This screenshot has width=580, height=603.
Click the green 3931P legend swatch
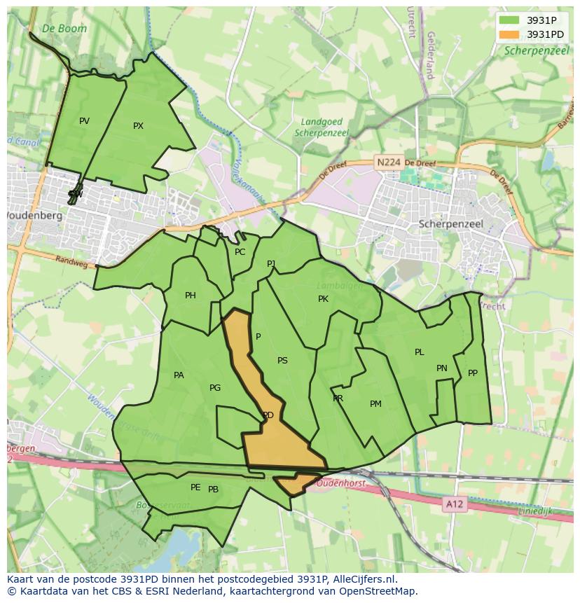click(509, 20)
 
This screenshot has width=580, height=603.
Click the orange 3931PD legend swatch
click(509, 34)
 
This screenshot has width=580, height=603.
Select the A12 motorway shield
click(454, 503)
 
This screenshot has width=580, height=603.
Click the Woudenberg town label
click(34, 216)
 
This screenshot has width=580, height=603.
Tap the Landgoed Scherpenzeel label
click(322, 127)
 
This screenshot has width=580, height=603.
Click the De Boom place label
click(64, 28)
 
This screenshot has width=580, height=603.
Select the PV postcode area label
click(84, 121)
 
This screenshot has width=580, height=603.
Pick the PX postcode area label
click(138, 126)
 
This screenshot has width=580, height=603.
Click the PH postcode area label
click(191, 296)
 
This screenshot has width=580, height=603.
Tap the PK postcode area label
click(323, 299)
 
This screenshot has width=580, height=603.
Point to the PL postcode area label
click(419, 352)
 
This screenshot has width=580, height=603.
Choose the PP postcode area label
click(473, 373)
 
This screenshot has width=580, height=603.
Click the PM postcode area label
click(375, 404)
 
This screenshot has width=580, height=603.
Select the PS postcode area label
click(282, 361)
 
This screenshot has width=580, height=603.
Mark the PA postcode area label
click(179, 375)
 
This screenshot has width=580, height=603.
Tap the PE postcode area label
click(195, 487)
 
